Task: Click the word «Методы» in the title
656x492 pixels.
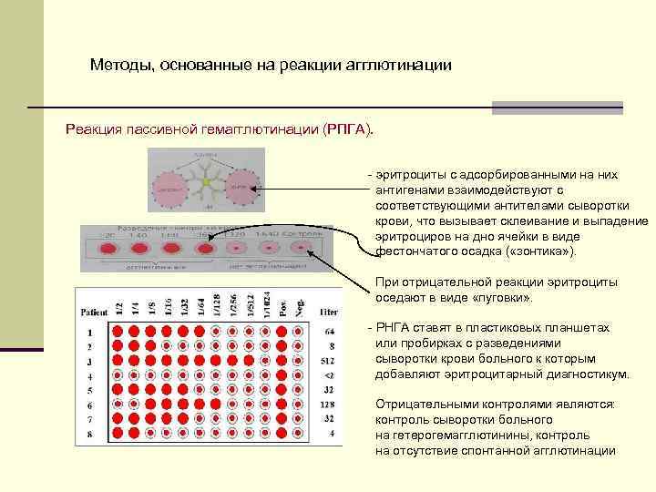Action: coord(119,66)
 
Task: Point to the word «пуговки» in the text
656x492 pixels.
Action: coord(502,298)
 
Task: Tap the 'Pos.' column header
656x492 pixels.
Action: coord(283,307)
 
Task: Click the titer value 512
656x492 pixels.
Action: coord(328,361)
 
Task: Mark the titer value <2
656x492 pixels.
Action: coord(329,375)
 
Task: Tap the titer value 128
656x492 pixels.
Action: coord(328,405)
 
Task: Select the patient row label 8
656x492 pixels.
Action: coord(90,434)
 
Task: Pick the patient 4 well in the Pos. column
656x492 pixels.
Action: coord(283,375)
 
